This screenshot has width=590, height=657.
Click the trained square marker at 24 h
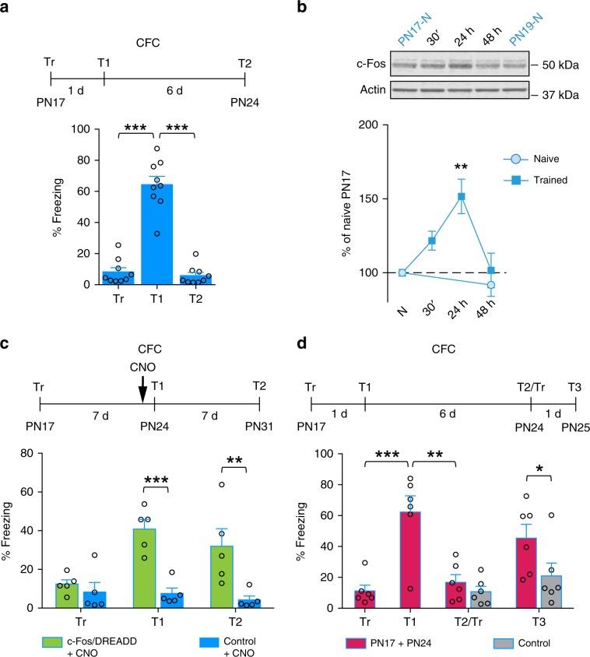point(439,196)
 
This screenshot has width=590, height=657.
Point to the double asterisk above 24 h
point(439,166)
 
